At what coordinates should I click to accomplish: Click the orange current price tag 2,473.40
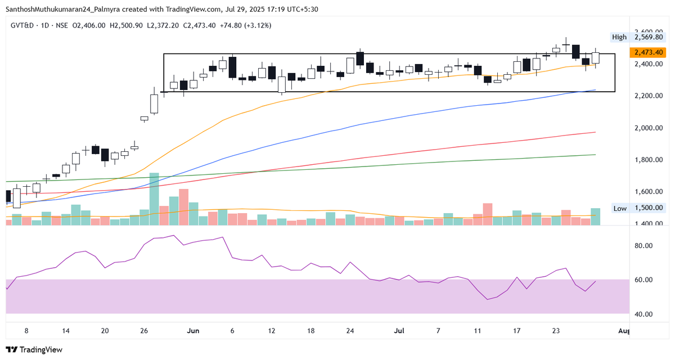point(649,52)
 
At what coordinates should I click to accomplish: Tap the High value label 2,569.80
point(649,37)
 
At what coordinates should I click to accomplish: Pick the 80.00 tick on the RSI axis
point(643,246)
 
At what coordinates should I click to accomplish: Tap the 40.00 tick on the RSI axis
point(643,314)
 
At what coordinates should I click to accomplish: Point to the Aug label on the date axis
point(623,331)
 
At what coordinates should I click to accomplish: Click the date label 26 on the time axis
point(144,331)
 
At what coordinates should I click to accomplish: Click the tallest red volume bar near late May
point(183,207)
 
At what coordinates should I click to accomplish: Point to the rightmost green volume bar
point(596,217)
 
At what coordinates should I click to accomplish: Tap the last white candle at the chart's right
point(596,57)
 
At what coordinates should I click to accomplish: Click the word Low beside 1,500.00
point(620,208)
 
